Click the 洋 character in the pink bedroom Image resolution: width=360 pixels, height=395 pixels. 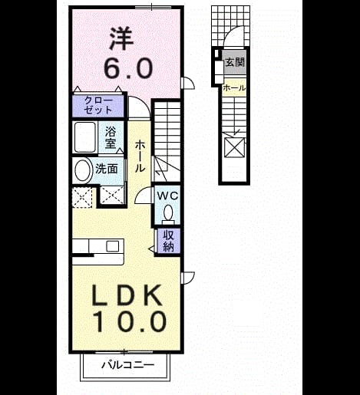coord(121,39)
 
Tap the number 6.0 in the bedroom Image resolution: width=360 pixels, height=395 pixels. coord(128,67)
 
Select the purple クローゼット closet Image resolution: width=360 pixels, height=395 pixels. coord(98,106)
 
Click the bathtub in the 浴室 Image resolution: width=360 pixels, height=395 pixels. coord(85,137)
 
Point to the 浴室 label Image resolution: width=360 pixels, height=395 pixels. coord(111,138)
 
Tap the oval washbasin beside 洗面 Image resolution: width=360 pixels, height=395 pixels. coord(83,170)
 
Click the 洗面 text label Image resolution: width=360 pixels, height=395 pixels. coord(107,169)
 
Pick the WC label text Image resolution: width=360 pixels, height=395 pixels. coord(167,196)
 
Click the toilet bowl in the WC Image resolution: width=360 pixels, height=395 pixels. coord(168,212)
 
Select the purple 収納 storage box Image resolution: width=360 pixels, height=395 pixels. coord(169,241)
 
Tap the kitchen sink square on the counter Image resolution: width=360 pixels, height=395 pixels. coord(113,246)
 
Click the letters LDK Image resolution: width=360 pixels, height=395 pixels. coord(127,295)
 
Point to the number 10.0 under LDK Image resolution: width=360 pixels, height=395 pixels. coord(130,322)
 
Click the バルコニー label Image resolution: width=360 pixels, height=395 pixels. coord(128,365)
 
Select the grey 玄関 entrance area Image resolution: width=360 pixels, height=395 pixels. coord(234,62)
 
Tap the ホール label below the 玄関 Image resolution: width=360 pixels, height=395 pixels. coord(234,88)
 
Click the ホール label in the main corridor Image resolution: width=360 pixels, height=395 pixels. coord(140,156)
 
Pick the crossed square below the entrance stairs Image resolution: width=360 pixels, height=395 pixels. coord(234,147)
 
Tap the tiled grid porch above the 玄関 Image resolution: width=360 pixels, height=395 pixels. coord(230,26)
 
